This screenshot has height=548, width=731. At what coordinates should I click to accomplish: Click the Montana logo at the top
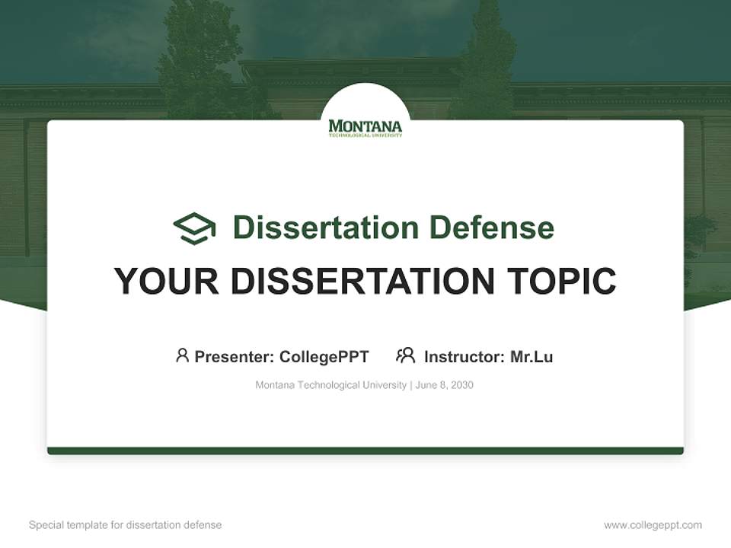pos(365,128)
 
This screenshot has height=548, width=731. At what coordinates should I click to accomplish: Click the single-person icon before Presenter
pos(182,355)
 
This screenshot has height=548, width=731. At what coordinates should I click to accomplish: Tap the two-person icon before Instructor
pos(406,355)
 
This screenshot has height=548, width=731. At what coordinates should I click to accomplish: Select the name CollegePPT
pos(324,357)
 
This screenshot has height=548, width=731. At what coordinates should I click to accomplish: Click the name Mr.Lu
pos(531,357)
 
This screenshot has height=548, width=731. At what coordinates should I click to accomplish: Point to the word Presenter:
pos(235,357)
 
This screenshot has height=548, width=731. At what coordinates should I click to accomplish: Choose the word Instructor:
pos(464,357)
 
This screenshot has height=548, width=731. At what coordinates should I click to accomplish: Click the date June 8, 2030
pos(445,385)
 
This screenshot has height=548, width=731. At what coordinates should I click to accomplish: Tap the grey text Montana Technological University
pos(330,385)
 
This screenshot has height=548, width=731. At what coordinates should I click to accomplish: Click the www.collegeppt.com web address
pos(653,525)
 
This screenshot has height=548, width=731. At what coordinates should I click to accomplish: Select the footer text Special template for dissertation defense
pos(126,525)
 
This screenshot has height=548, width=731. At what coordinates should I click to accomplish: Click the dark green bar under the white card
pos(365,451)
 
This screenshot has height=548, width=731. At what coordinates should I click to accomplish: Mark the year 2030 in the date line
pos(461,385)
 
